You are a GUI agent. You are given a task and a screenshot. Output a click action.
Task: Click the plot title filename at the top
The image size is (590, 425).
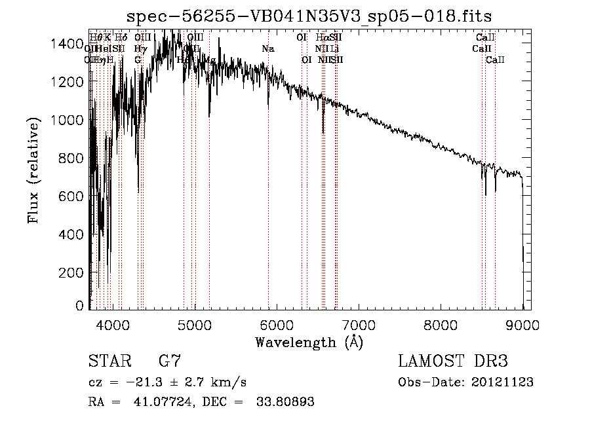(x=309, y=15)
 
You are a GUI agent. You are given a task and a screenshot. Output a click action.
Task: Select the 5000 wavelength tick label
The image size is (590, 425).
(x=194, y=324)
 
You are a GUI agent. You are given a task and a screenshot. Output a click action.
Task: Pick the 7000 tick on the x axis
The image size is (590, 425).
(x=359, y=324)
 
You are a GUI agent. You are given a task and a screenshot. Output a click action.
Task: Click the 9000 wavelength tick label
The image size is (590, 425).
(x=523, y=324)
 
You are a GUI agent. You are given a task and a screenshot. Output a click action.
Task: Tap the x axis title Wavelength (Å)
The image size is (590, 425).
(x=309, y=342)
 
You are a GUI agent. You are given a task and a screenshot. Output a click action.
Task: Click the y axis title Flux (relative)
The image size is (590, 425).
(x=32, y=170)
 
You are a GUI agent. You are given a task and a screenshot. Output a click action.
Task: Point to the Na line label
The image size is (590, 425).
(x=267, y=49)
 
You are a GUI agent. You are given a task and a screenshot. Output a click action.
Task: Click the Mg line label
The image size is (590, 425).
(x=210, y=60)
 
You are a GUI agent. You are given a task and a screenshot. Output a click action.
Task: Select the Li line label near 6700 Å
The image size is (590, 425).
(x=334, y=49)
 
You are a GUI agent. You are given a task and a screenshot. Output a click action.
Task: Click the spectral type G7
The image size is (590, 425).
(x=170, y=361)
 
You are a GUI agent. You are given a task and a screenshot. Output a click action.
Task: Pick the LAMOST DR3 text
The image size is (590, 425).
(x=453, y=361)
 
